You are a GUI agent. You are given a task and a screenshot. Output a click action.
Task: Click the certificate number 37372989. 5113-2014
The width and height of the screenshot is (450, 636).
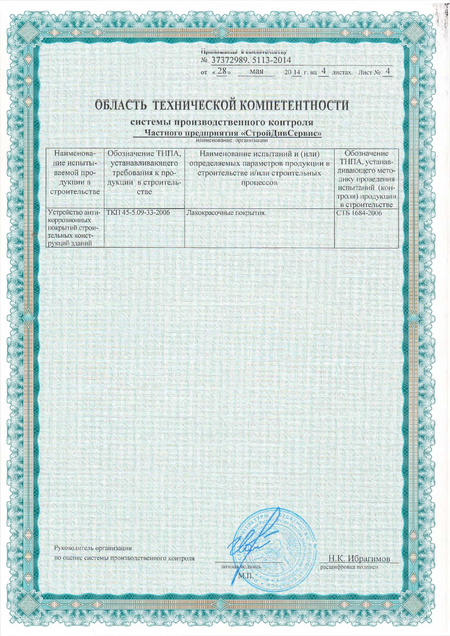pos(250,60)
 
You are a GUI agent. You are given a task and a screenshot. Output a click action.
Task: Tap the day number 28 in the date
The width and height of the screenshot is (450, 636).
pos(222,72)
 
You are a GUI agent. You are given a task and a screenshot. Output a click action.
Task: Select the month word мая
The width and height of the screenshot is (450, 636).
pos(255,72)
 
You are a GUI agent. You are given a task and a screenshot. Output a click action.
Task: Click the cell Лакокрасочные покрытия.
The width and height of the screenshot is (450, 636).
pos(225,213)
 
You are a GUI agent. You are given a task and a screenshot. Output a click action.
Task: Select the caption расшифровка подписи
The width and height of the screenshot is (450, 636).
pos(348,567)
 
